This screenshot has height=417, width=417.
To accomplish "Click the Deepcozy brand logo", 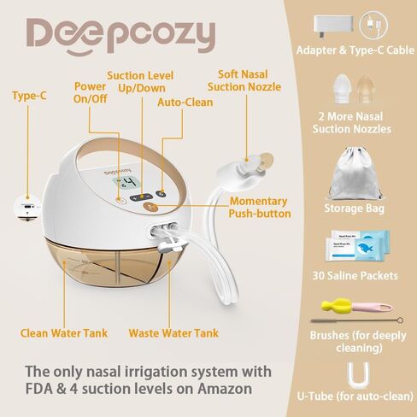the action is tap(120, 37).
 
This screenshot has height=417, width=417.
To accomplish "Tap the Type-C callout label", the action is tap(29, 96).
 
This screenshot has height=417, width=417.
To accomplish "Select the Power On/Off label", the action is tap(90, 92).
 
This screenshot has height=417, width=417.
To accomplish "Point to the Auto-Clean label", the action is tap(185, 103).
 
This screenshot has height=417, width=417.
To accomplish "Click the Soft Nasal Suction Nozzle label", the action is tap(244, 80).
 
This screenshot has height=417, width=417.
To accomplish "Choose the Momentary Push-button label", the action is tap(260, 208).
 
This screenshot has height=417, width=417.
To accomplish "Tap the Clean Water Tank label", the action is tap(64, 333).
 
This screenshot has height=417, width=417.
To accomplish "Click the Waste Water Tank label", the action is tap(173, 333).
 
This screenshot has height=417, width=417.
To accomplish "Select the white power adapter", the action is tap(333, 25).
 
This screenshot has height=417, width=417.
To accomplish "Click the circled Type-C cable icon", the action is tap(373, 25).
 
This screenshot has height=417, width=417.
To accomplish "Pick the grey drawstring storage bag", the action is tap(355, 173).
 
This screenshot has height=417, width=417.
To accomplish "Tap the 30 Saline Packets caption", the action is tap(355, 275).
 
